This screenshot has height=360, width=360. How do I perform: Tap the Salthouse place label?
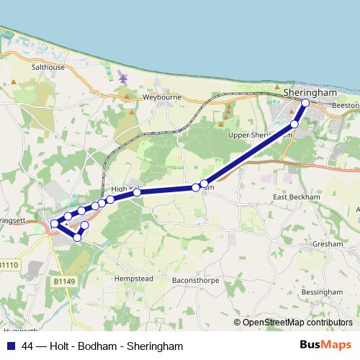pyautogui.click(x=48, y=67)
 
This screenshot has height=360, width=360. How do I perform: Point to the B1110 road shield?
pyautogui.click(x=8, y=265)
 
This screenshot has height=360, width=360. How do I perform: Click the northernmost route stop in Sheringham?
pyautogui.click(x=305, y=103)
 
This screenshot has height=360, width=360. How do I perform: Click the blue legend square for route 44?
pyautogui.click(x=11, y=346)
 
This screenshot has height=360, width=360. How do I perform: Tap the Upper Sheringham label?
pyautogui.click(x=260, y=135)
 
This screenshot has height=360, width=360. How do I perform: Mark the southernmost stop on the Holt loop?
pyautogui.click(x=78, y=237)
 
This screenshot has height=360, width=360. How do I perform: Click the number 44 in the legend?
pyautogui.click(x=28, y=346)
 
